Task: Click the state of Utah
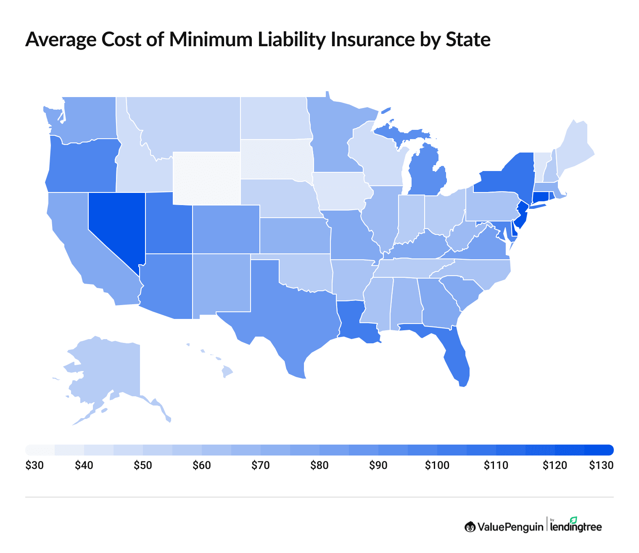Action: (168, 227)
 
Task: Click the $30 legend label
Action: (34, 466)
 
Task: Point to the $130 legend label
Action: (601, 466)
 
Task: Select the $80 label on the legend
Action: (319, 466)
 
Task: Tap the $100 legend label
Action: (437, 466)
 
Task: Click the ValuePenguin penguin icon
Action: (470, 527)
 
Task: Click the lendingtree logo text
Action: (576, 527)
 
